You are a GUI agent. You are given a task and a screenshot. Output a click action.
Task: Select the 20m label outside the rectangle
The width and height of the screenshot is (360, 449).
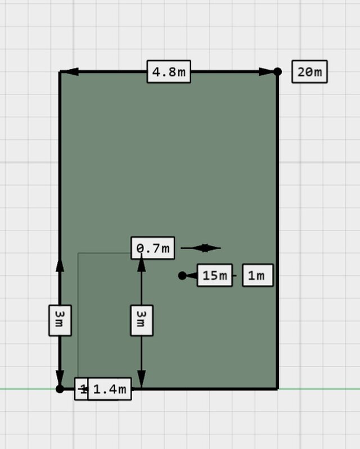[309, 72]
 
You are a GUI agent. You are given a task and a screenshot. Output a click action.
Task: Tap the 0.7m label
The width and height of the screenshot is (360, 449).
[153, 248]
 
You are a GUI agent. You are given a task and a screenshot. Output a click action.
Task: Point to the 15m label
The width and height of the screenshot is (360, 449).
[214, 275]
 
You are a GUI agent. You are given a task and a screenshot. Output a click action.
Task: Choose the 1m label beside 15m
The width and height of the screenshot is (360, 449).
[257, 275]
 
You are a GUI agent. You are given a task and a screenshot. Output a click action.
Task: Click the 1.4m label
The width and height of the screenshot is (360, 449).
[110, 389]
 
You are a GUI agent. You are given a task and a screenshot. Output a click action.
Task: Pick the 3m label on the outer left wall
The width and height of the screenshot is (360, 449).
[60, 320]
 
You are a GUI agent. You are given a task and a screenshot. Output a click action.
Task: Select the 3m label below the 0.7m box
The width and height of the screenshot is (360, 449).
[141, 320]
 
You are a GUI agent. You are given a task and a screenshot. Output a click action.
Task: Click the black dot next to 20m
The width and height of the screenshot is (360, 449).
[277, 71]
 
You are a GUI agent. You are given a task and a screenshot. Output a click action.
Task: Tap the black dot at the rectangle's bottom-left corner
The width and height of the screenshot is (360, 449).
[60, 388]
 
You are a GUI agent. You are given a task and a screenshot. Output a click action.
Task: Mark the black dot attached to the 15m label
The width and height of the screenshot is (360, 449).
[182, 275]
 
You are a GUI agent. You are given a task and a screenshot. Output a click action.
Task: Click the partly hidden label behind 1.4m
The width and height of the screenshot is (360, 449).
[81, 389]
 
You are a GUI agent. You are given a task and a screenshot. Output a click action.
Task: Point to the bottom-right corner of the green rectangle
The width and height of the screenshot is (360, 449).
[277, 388]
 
